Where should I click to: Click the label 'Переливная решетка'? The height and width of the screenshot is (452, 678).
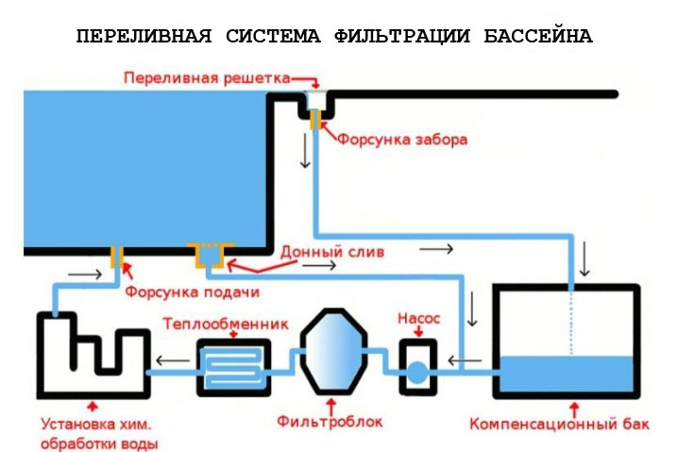207,78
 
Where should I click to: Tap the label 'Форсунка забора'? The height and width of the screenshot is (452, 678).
402,140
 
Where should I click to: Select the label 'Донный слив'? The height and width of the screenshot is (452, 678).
332,252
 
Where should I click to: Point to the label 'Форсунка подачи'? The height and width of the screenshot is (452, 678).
193,292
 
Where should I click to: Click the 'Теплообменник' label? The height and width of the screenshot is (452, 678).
226,324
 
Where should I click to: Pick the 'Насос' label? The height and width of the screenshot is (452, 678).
418,318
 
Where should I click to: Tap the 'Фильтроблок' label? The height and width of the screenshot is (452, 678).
330,421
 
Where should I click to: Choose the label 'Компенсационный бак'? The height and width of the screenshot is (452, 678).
559,424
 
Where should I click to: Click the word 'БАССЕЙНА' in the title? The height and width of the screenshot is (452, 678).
538,36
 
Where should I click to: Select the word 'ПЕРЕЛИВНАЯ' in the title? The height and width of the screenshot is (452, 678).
144,36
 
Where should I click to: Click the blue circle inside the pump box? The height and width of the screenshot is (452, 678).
417,373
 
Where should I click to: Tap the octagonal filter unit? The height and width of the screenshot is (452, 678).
334,351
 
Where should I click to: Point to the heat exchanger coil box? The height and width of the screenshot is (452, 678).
234,368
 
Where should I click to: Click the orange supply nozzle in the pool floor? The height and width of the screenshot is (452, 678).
117,257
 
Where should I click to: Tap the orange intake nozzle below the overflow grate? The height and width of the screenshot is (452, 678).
315,119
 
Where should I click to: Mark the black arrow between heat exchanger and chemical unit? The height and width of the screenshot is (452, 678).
173,360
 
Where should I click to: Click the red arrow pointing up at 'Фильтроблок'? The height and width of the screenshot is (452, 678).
331,406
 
